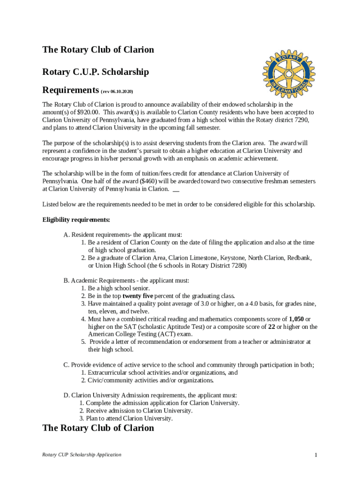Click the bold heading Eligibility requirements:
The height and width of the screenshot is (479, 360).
tap(76, 220)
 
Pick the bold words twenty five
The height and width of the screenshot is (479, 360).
tap(139, 296)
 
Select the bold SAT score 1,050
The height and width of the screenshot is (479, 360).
tap(296, 319)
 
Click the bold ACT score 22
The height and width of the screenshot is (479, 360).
tap(271, 327)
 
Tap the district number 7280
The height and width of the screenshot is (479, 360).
tap(236, 266)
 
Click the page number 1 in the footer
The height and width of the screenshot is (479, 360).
tap(316, 455)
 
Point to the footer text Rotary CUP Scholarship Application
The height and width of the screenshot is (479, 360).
tap(82, 455)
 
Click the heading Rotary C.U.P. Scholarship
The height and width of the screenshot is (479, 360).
tap(95, 72)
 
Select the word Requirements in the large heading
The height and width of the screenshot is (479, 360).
tap(70, 90)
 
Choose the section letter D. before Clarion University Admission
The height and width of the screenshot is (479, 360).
tap(66, 395)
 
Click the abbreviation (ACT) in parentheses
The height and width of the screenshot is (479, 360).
tap(167, 334)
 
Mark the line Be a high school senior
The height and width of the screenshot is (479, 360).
tap(119, 289)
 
